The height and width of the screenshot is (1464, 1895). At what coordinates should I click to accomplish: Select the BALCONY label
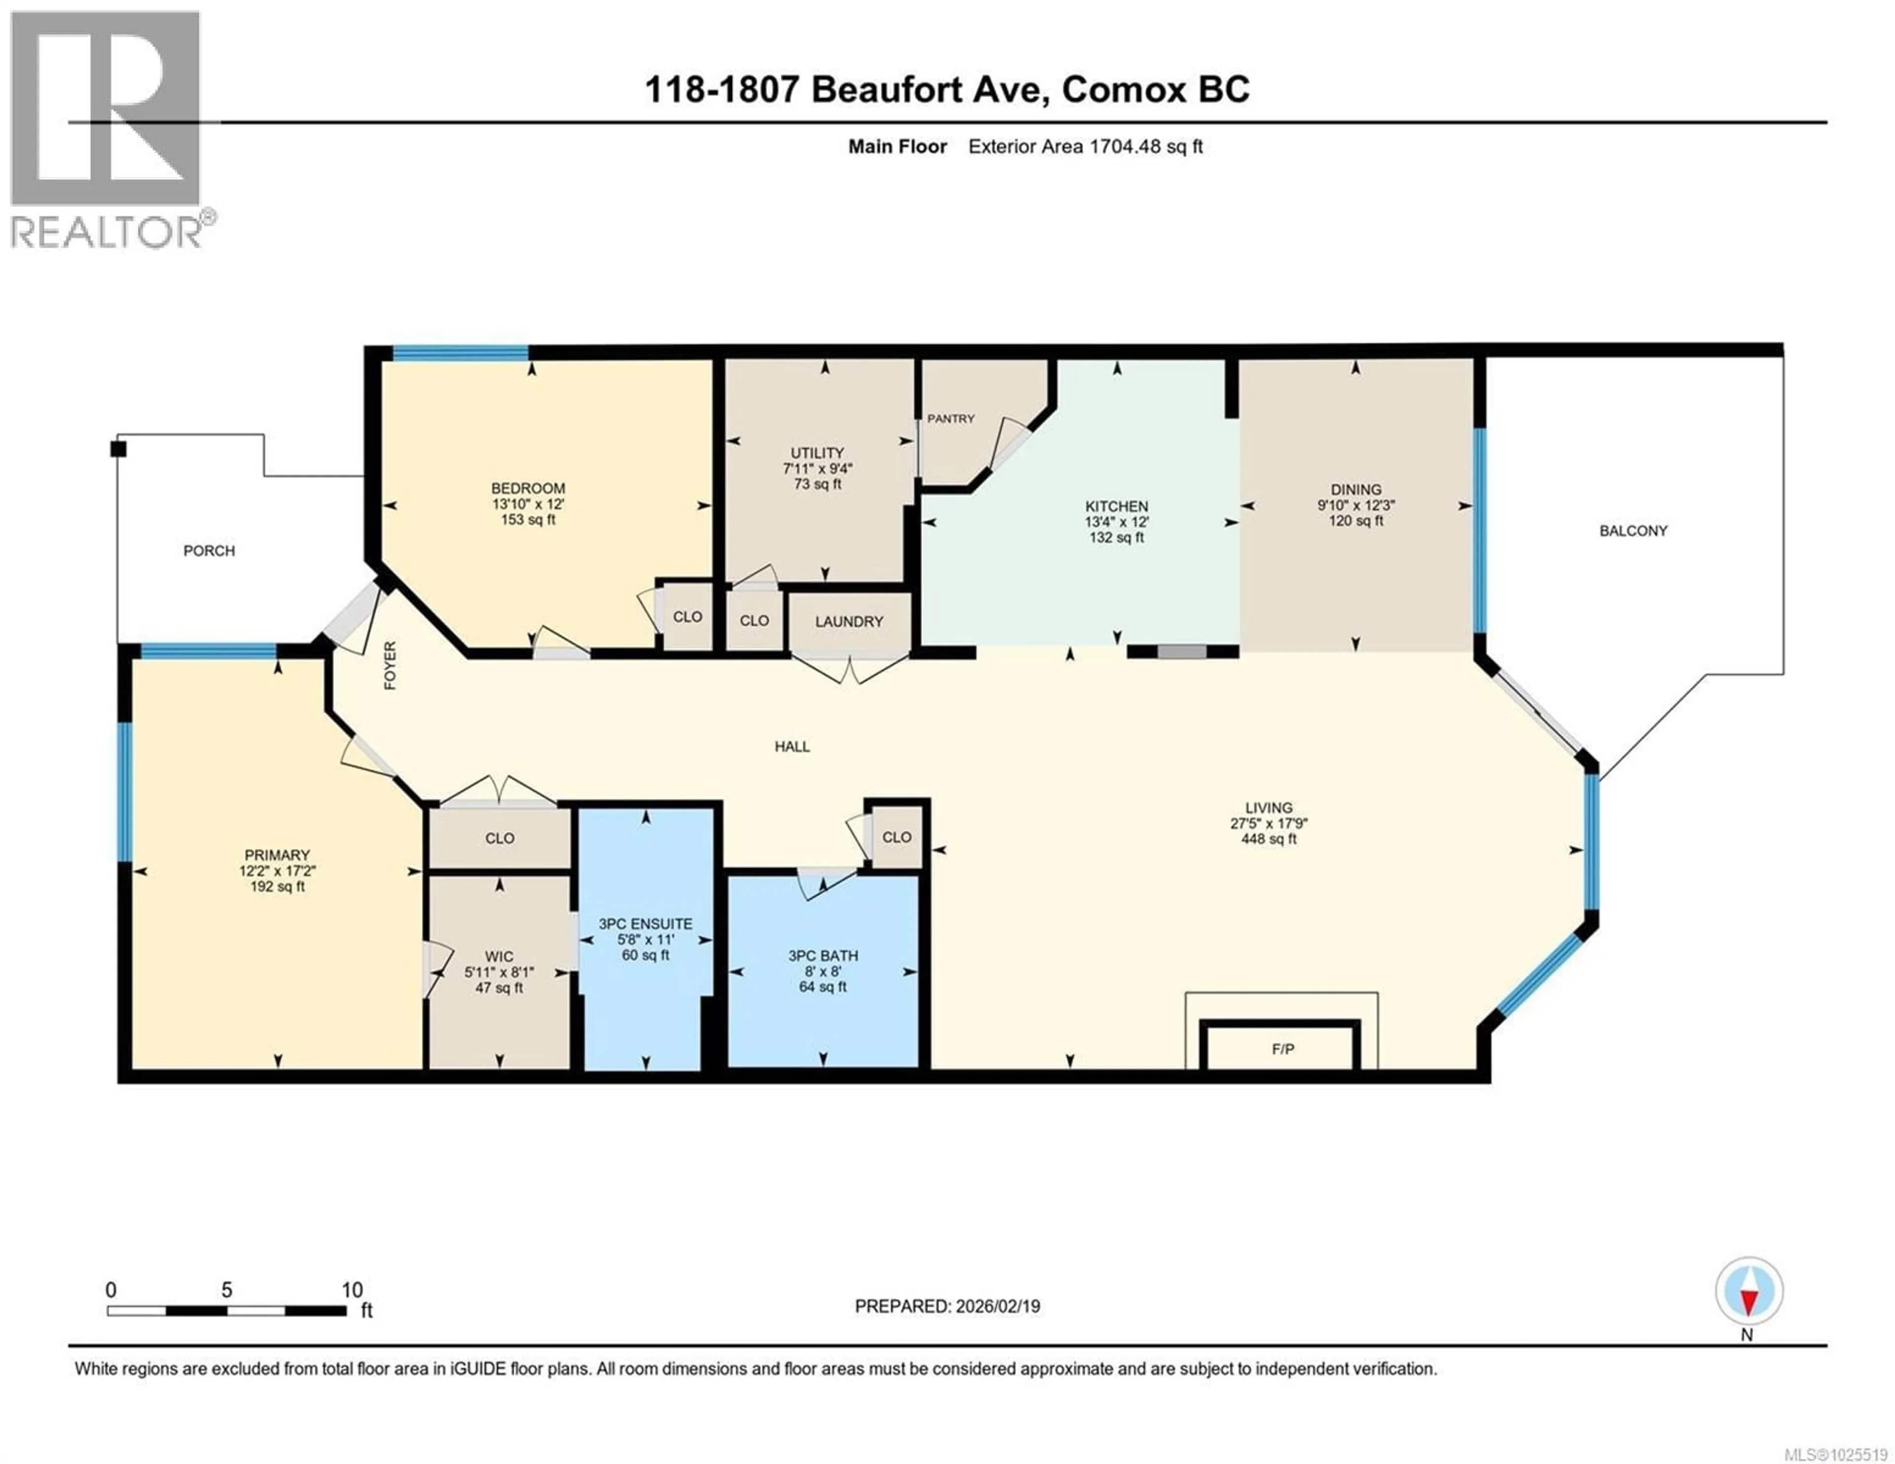1633,530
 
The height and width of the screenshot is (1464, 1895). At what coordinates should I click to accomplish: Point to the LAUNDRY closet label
849,621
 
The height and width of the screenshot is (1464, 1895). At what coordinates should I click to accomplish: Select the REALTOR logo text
107,232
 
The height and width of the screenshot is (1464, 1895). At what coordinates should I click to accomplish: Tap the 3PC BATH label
823,955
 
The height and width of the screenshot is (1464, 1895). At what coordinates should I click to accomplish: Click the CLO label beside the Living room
896,836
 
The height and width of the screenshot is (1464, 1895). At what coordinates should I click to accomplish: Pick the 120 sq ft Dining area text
1355,521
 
